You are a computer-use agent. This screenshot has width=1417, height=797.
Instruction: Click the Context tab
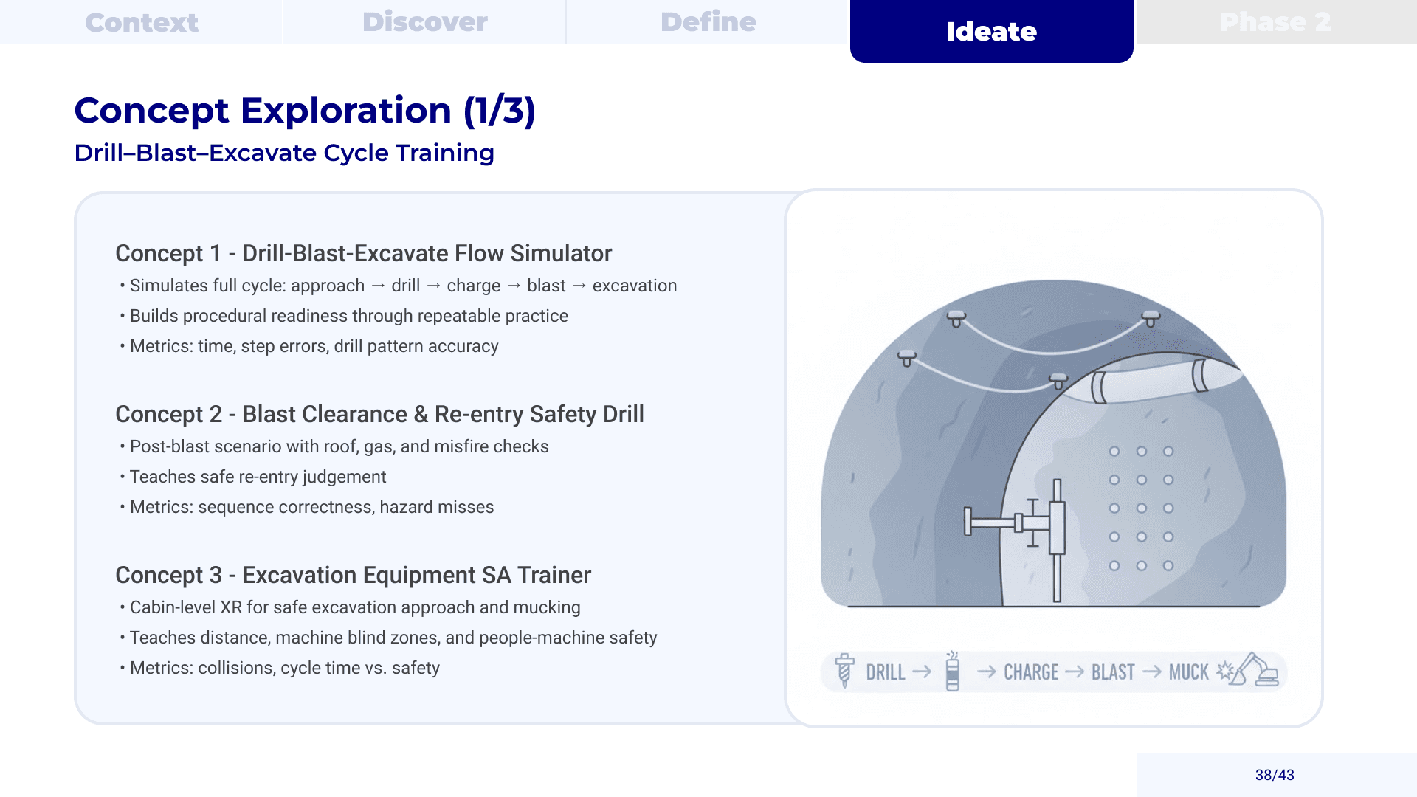tap(141, 22)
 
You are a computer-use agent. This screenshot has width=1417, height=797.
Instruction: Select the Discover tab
tap(424, 22)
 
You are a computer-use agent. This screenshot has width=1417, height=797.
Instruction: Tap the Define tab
tap(708, 22)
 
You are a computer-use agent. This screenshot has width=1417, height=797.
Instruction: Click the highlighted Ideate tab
tap(991, 31)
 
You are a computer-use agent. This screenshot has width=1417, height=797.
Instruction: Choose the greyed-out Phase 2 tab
tap(1275, 22)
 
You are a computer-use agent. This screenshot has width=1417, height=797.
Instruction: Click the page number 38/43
tap(1275, 775)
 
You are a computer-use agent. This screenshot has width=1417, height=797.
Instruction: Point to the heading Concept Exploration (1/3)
tap(305, 111)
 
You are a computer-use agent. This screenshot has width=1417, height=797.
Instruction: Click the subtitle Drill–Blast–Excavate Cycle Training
tap(284, 153)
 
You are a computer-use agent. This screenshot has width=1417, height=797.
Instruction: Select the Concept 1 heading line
tap(364, 253)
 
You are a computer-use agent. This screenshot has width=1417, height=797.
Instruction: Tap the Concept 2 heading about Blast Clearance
tap(379, 414)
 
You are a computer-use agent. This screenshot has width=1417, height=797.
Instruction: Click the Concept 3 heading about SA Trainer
tap(353, 575)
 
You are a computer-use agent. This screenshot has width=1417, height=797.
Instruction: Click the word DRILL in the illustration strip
tap(885, 672)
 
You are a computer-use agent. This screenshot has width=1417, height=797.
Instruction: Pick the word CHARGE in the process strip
tap(1031, 672)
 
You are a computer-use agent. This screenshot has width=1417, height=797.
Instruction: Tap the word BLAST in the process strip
tap(1113, 672)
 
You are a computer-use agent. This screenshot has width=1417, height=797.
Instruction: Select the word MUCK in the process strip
tap(1188, 672)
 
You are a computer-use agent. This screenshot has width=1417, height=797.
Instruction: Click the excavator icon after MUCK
tap(1257, 669)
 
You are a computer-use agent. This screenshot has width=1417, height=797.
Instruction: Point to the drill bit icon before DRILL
tap(844, 670)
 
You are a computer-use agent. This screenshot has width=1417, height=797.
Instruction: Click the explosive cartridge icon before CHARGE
tap(953, 671)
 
